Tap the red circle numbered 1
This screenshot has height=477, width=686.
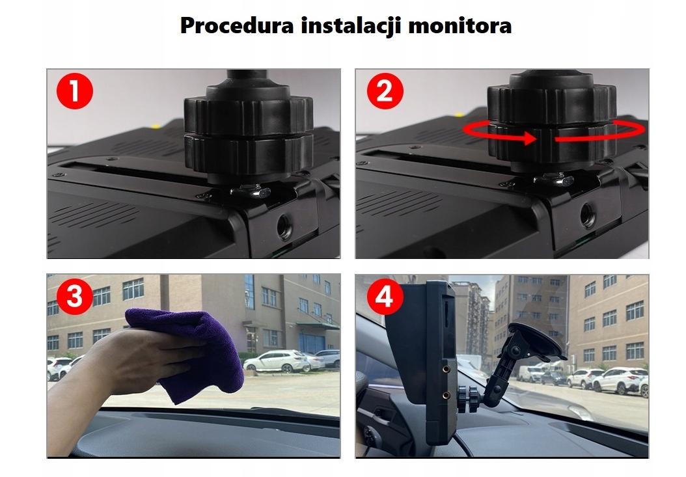pyautogui.click(x=74, y=92)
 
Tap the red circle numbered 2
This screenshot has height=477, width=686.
pyautogui.click(x=385, y=92)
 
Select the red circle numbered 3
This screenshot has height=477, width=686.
pyautogui.click(x=74, y=297)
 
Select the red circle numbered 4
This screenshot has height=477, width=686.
pyautogui.click(x=385, y=297)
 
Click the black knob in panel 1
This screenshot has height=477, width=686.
pyautogui.click(x=248, y=133)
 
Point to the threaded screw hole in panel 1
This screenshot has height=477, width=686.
pyautogui.click(x=285, y=227)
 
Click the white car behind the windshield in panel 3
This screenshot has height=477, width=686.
pyautogui.click(x=277, y=361)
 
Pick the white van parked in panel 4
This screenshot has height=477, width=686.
pyautogui.click(x=530, y=374)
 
